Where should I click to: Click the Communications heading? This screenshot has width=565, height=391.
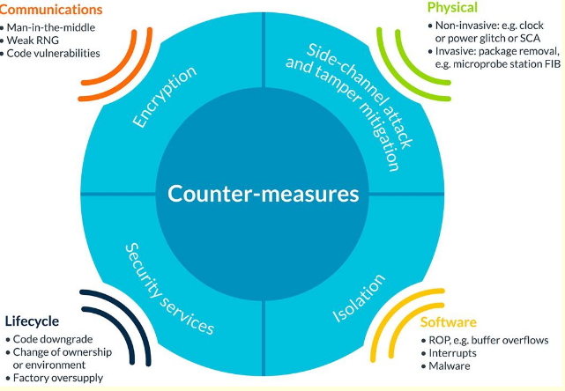click(50, 11)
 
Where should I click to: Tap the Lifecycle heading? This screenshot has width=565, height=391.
click(33, 321)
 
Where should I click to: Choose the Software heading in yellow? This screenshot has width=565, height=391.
click(448, 322)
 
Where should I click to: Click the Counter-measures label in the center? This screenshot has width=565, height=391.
click(264, 193)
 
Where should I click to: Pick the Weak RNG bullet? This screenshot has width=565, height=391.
click(36, 41)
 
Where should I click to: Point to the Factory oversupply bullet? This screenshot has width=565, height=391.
click(58, 377)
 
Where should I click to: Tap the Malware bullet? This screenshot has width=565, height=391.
click(449, 365)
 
